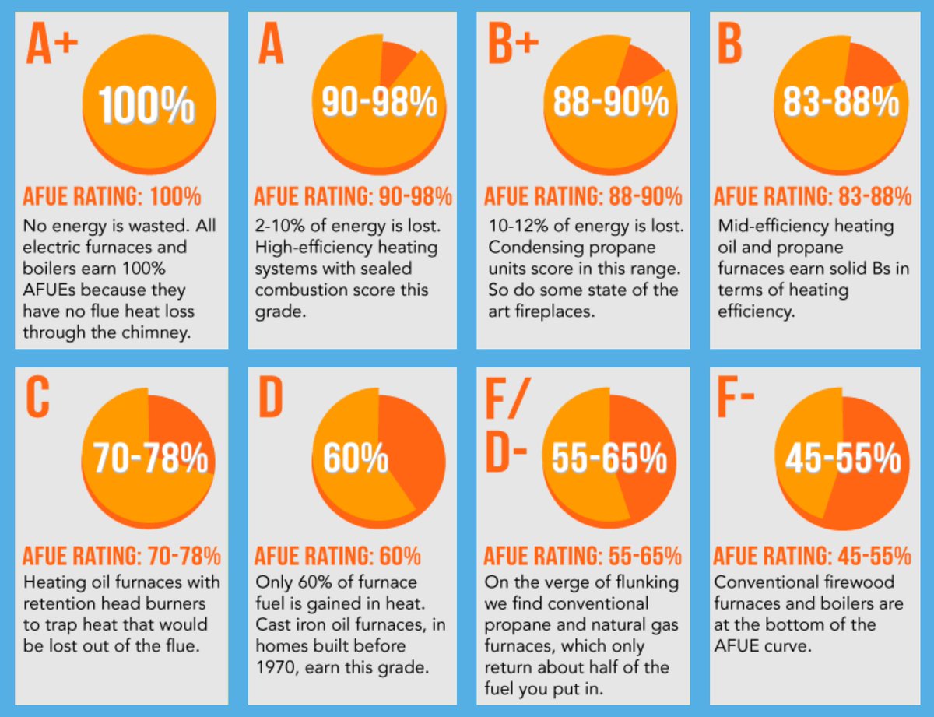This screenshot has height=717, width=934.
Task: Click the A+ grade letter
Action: (x=52, y=44)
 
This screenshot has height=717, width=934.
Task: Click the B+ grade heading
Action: (x=513, y=44)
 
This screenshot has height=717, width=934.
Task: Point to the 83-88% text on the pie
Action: (x=841, y=101)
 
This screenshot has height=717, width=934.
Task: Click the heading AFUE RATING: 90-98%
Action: (x=353, y=197)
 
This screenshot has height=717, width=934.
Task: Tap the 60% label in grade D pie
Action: (x=356, y=459)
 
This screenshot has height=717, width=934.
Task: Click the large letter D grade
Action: (x=272, y=399)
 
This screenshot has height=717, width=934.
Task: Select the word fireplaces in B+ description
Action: (x=556, y=311)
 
